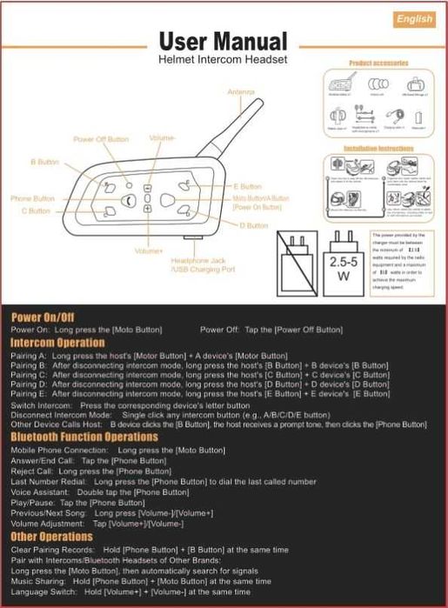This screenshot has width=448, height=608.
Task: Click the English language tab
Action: click(414, 19)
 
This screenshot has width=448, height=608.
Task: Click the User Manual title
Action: click(223, 41)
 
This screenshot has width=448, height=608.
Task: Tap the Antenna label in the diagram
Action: click(241, 90)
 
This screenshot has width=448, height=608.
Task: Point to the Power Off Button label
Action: click(101, 139)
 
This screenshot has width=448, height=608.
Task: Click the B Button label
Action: click(44, 162)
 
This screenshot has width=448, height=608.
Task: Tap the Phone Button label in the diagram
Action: click(33, 198)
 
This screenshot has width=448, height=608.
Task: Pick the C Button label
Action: click(36, 210)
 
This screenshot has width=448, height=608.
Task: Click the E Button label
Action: click(247, 186)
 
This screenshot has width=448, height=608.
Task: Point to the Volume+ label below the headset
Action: click(149, 251)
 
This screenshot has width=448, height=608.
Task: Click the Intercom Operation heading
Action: click(57, 343)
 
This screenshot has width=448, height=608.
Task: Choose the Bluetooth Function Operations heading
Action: click(84, 437)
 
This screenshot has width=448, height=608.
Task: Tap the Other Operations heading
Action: click(51, 537)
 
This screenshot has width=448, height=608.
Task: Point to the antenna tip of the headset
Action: click(260, 102)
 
